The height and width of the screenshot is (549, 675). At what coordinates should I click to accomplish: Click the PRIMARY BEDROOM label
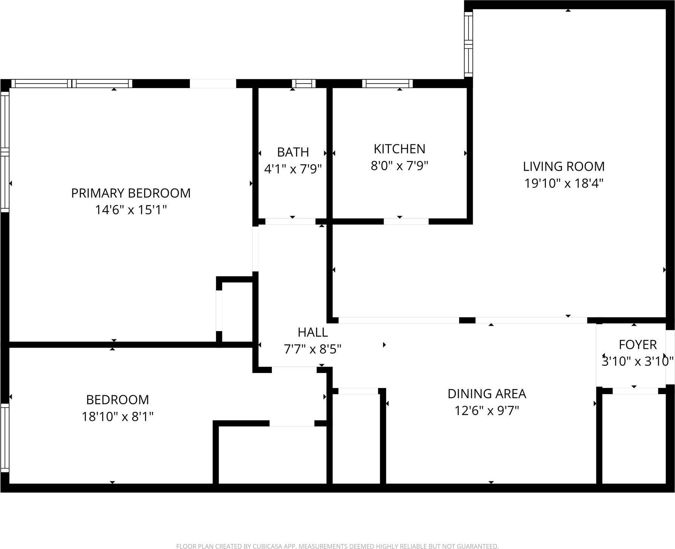(131, 193)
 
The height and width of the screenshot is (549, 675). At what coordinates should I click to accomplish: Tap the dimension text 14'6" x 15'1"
(131, 210)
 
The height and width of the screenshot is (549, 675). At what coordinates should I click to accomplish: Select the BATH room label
(293, 152)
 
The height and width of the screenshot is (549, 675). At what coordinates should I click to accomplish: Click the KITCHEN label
(399, 149)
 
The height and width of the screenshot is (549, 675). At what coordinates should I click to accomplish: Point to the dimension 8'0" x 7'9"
(399, 165)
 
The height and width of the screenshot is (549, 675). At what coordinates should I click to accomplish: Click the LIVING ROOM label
(564, 166)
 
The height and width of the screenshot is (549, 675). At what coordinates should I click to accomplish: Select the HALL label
(313, 332)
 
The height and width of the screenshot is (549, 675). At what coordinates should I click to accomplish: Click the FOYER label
(638, 345)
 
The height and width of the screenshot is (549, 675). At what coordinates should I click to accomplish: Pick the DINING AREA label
(487, 394)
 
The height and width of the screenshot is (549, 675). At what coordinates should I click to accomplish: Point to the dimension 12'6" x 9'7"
(487, 410)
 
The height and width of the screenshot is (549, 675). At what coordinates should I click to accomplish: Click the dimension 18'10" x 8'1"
(117, 416)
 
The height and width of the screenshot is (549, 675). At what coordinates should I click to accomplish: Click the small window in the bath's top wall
(304, 83)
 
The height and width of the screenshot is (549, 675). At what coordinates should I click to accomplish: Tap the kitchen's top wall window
(387, 83)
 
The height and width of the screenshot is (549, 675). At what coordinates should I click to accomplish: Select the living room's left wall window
(468, 43)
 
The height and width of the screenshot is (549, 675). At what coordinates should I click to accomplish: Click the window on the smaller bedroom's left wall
(5, 438)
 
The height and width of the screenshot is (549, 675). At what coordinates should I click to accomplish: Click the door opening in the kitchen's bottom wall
(406, 221)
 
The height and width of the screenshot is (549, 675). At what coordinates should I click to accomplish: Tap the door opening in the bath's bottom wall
(290, 221)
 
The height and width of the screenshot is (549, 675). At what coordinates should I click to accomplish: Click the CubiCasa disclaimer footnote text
(337, 546)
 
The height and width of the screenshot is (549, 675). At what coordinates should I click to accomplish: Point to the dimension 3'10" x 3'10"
(638, 362)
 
